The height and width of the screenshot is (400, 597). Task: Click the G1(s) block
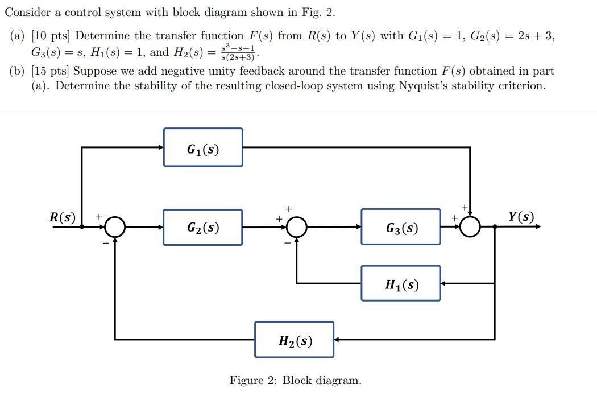(x=203, y=147)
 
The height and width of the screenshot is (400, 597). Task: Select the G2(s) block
(x=203, y=227)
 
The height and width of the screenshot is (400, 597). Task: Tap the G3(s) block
(x=400, y=227)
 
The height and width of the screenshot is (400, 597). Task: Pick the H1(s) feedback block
(x=400, y=283)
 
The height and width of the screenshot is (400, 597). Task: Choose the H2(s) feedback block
(x=294, y=340)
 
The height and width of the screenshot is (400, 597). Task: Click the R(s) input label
(x=63, y=217)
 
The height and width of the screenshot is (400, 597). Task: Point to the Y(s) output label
(x=521, y=217)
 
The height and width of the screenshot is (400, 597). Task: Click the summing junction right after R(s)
(x=115, y=227)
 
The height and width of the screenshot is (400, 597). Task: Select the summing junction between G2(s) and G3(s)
(x=296, y=227)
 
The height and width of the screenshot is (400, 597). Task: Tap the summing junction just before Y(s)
(x=470, y=226)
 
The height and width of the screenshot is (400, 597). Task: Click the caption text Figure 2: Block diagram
(x=295, y=380)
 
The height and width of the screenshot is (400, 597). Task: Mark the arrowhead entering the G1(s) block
(x=160, y=147)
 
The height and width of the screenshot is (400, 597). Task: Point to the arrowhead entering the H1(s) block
(x=444, y=283)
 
